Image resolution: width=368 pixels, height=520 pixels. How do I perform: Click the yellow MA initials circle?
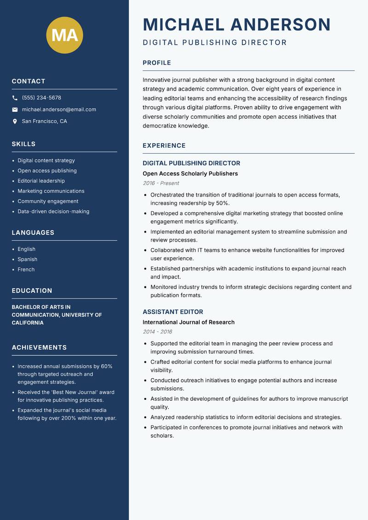click(x=65, y=35)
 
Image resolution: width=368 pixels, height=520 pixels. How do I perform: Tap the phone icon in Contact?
click(x=15, y=98)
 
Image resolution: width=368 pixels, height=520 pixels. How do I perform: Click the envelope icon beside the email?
click(x=15, y=110)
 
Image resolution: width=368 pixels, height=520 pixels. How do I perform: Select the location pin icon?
click(x=15, y=121)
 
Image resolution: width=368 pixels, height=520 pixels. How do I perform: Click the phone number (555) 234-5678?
click(x=41, y=98)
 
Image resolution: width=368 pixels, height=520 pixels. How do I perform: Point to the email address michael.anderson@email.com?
click(x=59, y=110)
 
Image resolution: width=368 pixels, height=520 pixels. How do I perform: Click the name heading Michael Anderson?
click(x=236, y=24)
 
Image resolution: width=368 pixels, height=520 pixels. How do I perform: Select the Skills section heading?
click(x=23, y=144)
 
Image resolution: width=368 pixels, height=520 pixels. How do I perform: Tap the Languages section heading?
click(x=33, y=233)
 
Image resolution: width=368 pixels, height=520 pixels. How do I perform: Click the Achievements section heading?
click(x=39, y=347)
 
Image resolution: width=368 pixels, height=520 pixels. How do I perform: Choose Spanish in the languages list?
click(x=28, y=260)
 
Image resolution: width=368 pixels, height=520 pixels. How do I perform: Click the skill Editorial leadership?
click(x=41, y=181)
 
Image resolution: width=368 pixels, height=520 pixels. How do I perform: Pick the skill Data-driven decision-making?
click(x=53, y=212)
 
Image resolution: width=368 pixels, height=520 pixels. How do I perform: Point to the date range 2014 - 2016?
click(x=157, y=332)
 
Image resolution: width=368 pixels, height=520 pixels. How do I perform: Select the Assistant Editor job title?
click(x=172, y=312)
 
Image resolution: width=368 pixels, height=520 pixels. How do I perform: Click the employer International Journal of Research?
click(x=189, y=322)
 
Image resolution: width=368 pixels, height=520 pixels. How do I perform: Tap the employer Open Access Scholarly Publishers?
click(x=190, y=173)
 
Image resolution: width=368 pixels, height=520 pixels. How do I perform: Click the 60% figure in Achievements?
click(x=107, y=366)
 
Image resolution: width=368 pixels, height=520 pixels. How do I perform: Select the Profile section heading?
click(x=157, y=63)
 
